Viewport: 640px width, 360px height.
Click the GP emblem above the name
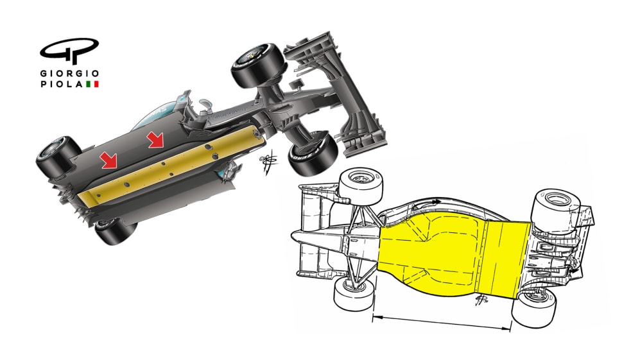pyautogui.click(x=69, y=51)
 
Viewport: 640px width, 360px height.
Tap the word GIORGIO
pyautogui.click(x=69, y=73)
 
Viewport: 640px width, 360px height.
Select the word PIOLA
pyautogui.click(x=61, y=84)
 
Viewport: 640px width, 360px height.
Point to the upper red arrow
pyautogui.click(x=156, y=140)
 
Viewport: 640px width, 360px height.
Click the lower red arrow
pyautogui.click(x=109, y=160)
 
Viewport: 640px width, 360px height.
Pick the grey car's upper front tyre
pyautogui.click(x=257, y=65)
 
